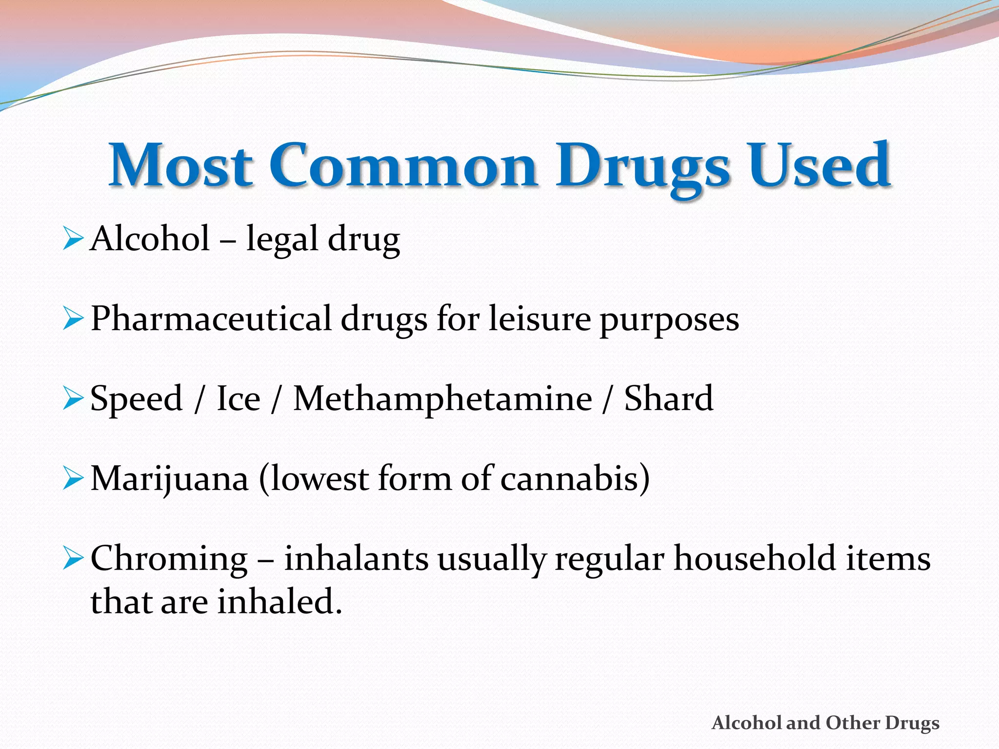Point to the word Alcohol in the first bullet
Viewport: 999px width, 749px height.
tap(150, 238)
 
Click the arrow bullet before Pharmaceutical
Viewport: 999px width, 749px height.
tap(73, 319)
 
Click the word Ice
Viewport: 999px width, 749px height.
tap(238, 399)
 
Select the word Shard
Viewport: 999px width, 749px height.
tap(668, 399)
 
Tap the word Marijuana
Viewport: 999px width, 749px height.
tap(169, 479)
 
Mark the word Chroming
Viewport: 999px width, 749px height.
tap(169, 560)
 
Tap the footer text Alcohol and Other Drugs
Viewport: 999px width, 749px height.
tap(825, 723)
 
